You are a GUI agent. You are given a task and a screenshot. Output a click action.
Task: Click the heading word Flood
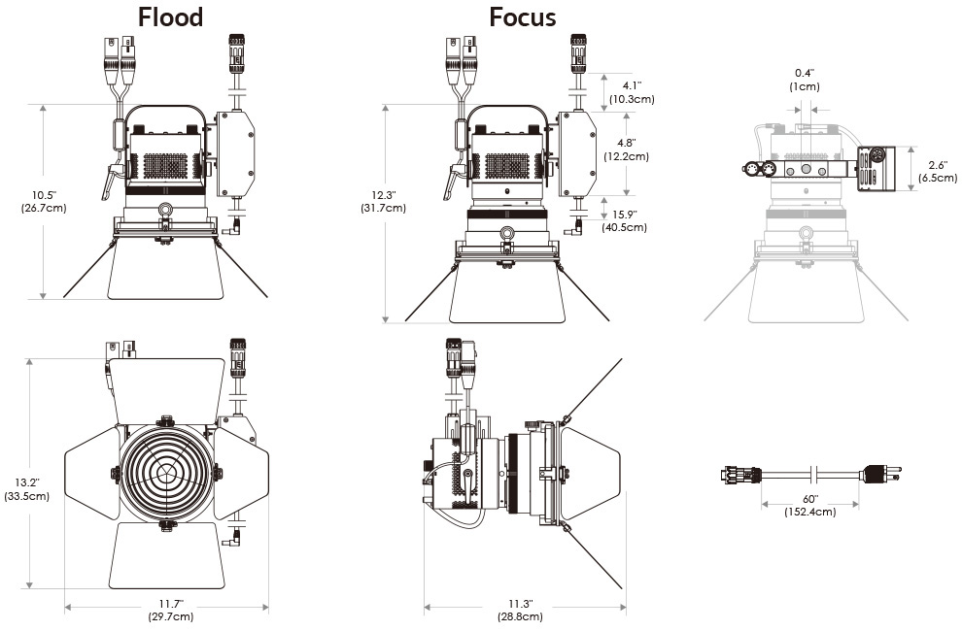[x=170, y=17]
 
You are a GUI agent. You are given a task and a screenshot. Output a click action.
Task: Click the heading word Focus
[x=523, y=17]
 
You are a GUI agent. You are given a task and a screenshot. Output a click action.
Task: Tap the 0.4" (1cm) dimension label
[x=805, y=80]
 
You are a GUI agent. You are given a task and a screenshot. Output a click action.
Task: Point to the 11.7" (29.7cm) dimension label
[x=169, y=610]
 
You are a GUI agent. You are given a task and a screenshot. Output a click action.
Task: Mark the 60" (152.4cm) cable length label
[x=808, y=505]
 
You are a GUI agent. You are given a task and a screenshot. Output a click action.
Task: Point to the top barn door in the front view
[x=167, y=388]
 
